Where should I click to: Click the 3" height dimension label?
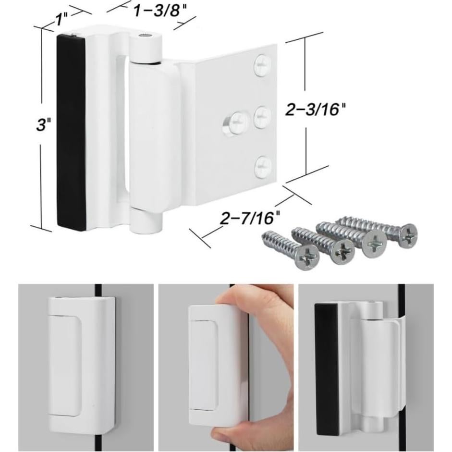pyautogui.click(x=43, y=125)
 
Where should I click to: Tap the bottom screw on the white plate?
pyautogui.click(x=262, y=166)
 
